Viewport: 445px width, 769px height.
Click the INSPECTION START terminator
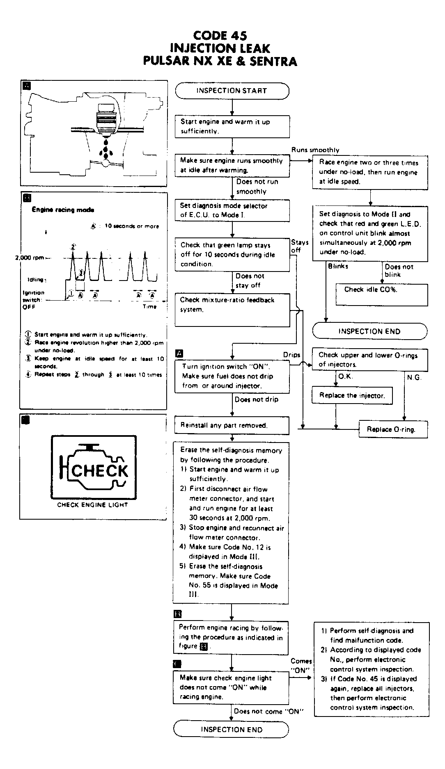tap(232, 91)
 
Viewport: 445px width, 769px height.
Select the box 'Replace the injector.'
tap(352, 396)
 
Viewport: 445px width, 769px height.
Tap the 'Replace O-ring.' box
tap(393, 429)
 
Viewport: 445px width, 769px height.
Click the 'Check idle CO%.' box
tap(381, 294)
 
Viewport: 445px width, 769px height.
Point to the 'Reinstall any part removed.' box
tap(232, 425)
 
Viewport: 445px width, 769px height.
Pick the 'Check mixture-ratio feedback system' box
tap(232, 310)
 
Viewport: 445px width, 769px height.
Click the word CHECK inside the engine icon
tap(100, 471)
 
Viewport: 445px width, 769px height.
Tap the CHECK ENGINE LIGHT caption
tap(92, 505)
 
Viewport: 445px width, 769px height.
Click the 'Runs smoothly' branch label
tap(315, 150)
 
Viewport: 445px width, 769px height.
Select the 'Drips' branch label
tap(291, 355)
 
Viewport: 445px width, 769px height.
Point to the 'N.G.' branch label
tap(414, 377)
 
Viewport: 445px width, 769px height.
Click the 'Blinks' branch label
tap(338, 266)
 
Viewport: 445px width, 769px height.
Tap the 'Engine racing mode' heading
tap(63, 210)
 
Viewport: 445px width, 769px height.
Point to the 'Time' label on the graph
tap(149, 306)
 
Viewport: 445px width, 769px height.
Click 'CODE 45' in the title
tap(220, 36)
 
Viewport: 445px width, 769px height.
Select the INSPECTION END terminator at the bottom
tap(231, 729)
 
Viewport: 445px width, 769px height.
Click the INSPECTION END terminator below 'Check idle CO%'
tap(369, 331)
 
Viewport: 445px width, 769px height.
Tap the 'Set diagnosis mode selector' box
tap(232, 210)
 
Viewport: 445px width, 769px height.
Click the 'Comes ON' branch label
tap(301, 666)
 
